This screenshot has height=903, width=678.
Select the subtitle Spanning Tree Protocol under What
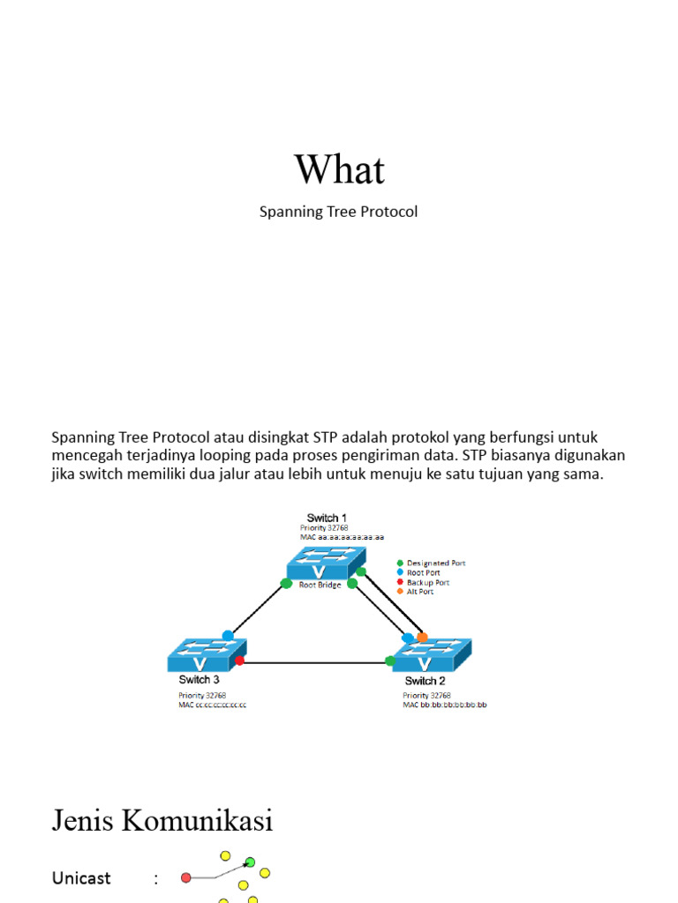(338, 213)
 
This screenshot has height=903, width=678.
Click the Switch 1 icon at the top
(326, 563)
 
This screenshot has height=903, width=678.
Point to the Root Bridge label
(320, 585)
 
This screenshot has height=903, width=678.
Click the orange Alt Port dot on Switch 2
(422, 637)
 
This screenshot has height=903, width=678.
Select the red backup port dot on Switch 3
(239, 660)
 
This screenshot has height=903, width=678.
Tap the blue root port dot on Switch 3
(228, 635)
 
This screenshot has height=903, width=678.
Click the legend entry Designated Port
(435, 563)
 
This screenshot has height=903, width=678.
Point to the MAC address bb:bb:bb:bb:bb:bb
(445, 705)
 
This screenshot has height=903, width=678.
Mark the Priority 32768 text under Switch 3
(202, 695)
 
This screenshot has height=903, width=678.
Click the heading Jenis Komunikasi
(162, 821)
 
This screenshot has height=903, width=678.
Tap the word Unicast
(81, 878)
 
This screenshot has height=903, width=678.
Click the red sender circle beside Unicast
(185, 877)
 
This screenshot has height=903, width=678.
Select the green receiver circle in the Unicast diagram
(250, 862)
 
